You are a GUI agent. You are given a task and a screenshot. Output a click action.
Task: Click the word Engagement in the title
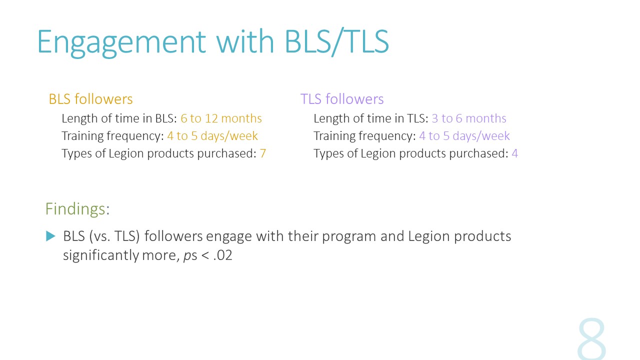[121, 43]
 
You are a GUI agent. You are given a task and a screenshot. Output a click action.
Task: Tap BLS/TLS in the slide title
[337, 41]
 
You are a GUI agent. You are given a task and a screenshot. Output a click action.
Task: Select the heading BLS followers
[90, 99]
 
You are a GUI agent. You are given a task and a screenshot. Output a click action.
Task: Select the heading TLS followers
[342, 99]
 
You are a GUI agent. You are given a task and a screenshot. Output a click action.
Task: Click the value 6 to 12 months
[221, 118]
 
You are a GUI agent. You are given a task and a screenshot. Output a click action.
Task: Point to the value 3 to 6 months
[469, 118]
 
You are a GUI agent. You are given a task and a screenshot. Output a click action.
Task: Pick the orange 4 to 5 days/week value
[212, 135]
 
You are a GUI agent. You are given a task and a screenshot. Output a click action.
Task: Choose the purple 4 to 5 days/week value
[464, 135]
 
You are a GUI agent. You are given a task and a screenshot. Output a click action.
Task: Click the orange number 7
[263, 153]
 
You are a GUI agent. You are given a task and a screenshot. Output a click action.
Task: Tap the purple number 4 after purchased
[514, 153]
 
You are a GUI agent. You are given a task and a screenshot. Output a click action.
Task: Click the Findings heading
[77, 209]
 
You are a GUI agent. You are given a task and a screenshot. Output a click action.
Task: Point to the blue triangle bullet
[50, 236]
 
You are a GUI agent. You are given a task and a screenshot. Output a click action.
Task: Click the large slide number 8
[591, 339]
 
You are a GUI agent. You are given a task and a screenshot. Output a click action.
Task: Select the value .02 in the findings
[222, 255]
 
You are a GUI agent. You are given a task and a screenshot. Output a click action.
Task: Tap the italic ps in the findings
[190, 255]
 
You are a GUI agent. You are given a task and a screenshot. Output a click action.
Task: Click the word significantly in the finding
[101, 255]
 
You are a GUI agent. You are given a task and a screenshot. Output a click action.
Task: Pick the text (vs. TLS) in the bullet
[114, 236]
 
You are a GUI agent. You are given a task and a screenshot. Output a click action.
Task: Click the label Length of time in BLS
[119, 118]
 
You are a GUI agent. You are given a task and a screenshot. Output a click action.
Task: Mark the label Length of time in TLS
[371, 118]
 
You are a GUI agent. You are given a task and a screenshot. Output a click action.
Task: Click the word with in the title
[245, 41]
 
